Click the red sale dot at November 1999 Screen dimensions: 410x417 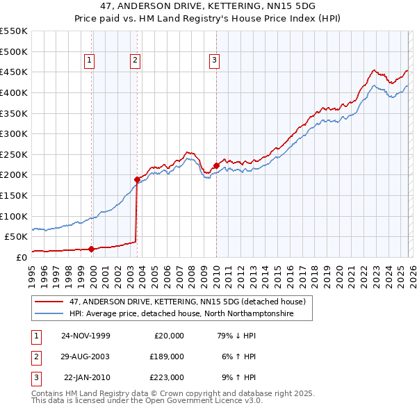pos(91,249)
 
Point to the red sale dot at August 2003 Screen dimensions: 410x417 pos(137,179)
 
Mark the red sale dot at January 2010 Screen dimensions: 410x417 pos(216,165)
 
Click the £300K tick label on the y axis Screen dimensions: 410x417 pos(14,133)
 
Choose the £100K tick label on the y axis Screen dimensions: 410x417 pos(14,216)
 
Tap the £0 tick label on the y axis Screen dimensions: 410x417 pos(20,257)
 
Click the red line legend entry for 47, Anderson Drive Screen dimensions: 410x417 pos(188,302)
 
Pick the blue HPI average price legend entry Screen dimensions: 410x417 pos(181,314)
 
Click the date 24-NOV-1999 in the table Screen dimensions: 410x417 pos(85,335)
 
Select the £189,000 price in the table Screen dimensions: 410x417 pos(167,356)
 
